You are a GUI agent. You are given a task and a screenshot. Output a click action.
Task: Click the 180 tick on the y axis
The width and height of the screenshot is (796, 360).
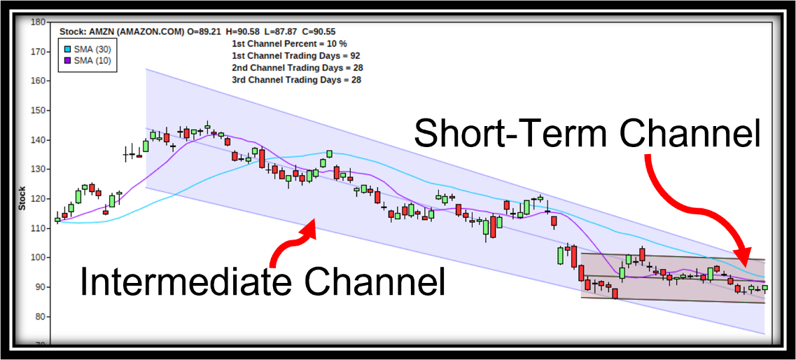(39, 22)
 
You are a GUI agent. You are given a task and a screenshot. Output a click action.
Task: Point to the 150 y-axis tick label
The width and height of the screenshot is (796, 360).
(39, 110)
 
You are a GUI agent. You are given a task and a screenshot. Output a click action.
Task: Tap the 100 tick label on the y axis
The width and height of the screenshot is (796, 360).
(39, 258)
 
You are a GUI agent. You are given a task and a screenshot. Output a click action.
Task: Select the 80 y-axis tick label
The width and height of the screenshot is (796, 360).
(41, 317)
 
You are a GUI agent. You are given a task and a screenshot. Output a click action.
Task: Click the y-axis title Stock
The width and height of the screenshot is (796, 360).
(22, 198)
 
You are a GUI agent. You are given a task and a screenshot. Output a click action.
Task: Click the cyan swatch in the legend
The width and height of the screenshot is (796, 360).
(67, 49)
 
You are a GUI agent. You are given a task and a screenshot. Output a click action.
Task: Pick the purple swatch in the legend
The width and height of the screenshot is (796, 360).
(67, 61)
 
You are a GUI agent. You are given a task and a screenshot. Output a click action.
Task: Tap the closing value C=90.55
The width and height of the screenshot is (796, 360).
(319, 32)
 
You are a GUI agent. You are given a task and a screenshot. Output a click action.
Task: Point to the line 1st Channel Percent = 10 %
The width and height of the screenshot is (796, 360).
(289, 43)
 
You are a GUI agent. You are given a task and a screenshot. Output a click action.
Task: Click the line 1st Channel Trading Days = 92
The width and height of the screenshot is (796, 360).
(296, 56)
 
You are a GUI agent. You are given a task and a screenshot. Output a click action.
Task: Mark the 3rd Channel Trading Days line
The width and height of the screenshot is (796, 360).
(297, 80)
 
